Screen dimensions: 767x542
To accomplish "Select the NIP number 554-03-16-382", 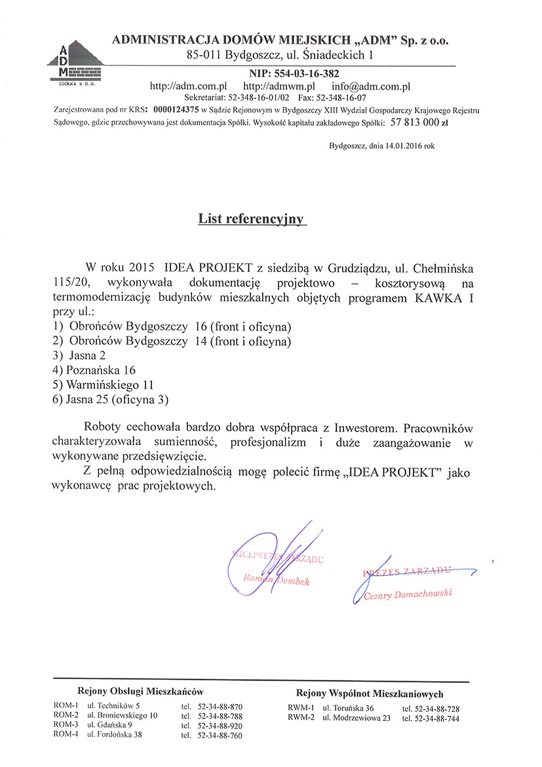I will (x=294, y=73).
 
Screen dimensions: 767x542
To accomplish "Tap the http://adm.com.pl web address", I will (x=188, y=86).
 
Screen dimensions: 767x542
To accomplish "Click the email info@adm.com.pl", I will (x=370, y=86).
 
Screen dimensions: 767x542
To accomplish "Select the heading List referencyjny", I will (x=252, y=219).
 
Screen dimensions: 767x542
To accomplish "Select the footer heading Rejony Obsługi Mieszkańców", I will (x=141, y=691).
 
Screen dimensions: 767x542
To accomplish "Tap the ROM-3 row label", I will (x=66, y=724).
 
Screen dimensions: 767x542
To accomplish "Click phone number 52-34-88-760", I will (x=220, y=736).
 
